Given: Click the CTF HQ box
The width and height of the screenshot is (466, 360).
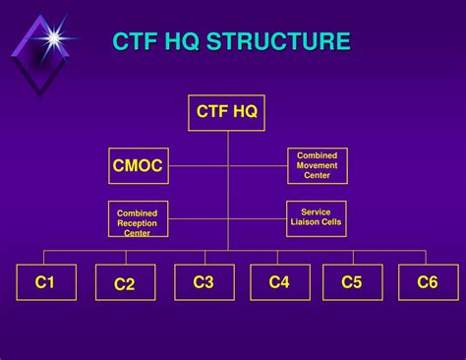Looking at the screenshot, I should (227, 113).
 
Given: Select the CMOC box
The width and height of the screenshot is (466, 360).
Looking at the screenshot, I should (137, 166).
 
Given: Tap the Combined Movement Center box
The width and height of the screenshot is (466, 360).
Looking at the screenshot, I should (318, 165).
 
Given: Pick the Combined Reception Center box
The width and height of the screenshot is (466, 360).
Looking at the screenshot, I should (137, 219).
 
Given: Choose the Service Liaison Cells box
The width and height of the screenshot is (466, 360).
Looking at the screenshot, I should (317, 218).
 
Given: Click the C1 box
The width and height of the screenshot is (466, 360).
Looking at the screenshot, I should (45, 283).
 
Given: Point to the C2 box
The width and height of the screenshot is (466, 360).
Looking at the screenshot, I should (125, 284).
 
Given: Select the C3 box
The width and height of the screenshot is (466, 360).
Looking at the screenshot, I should (204, 282).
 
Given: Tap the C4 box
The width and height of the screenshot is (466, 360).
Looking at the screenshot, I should (279, 283).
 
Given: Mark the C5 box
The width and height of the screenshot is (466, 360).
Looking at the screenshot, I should (352, 283).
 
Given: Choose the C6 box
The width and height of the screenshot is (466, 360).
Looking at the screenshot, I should (428, 283).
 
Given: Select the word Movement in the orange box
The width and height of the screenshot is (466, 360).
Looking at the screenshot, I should (318, 165).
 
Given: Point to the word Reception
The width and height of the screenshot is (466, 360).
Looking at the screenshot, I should (137, 223).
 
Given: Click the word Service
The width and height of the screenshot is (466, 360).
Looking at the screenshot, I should (317, 212).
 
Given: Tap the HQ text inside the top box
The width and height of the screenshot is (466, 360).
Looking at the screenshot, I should (244, 112).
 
